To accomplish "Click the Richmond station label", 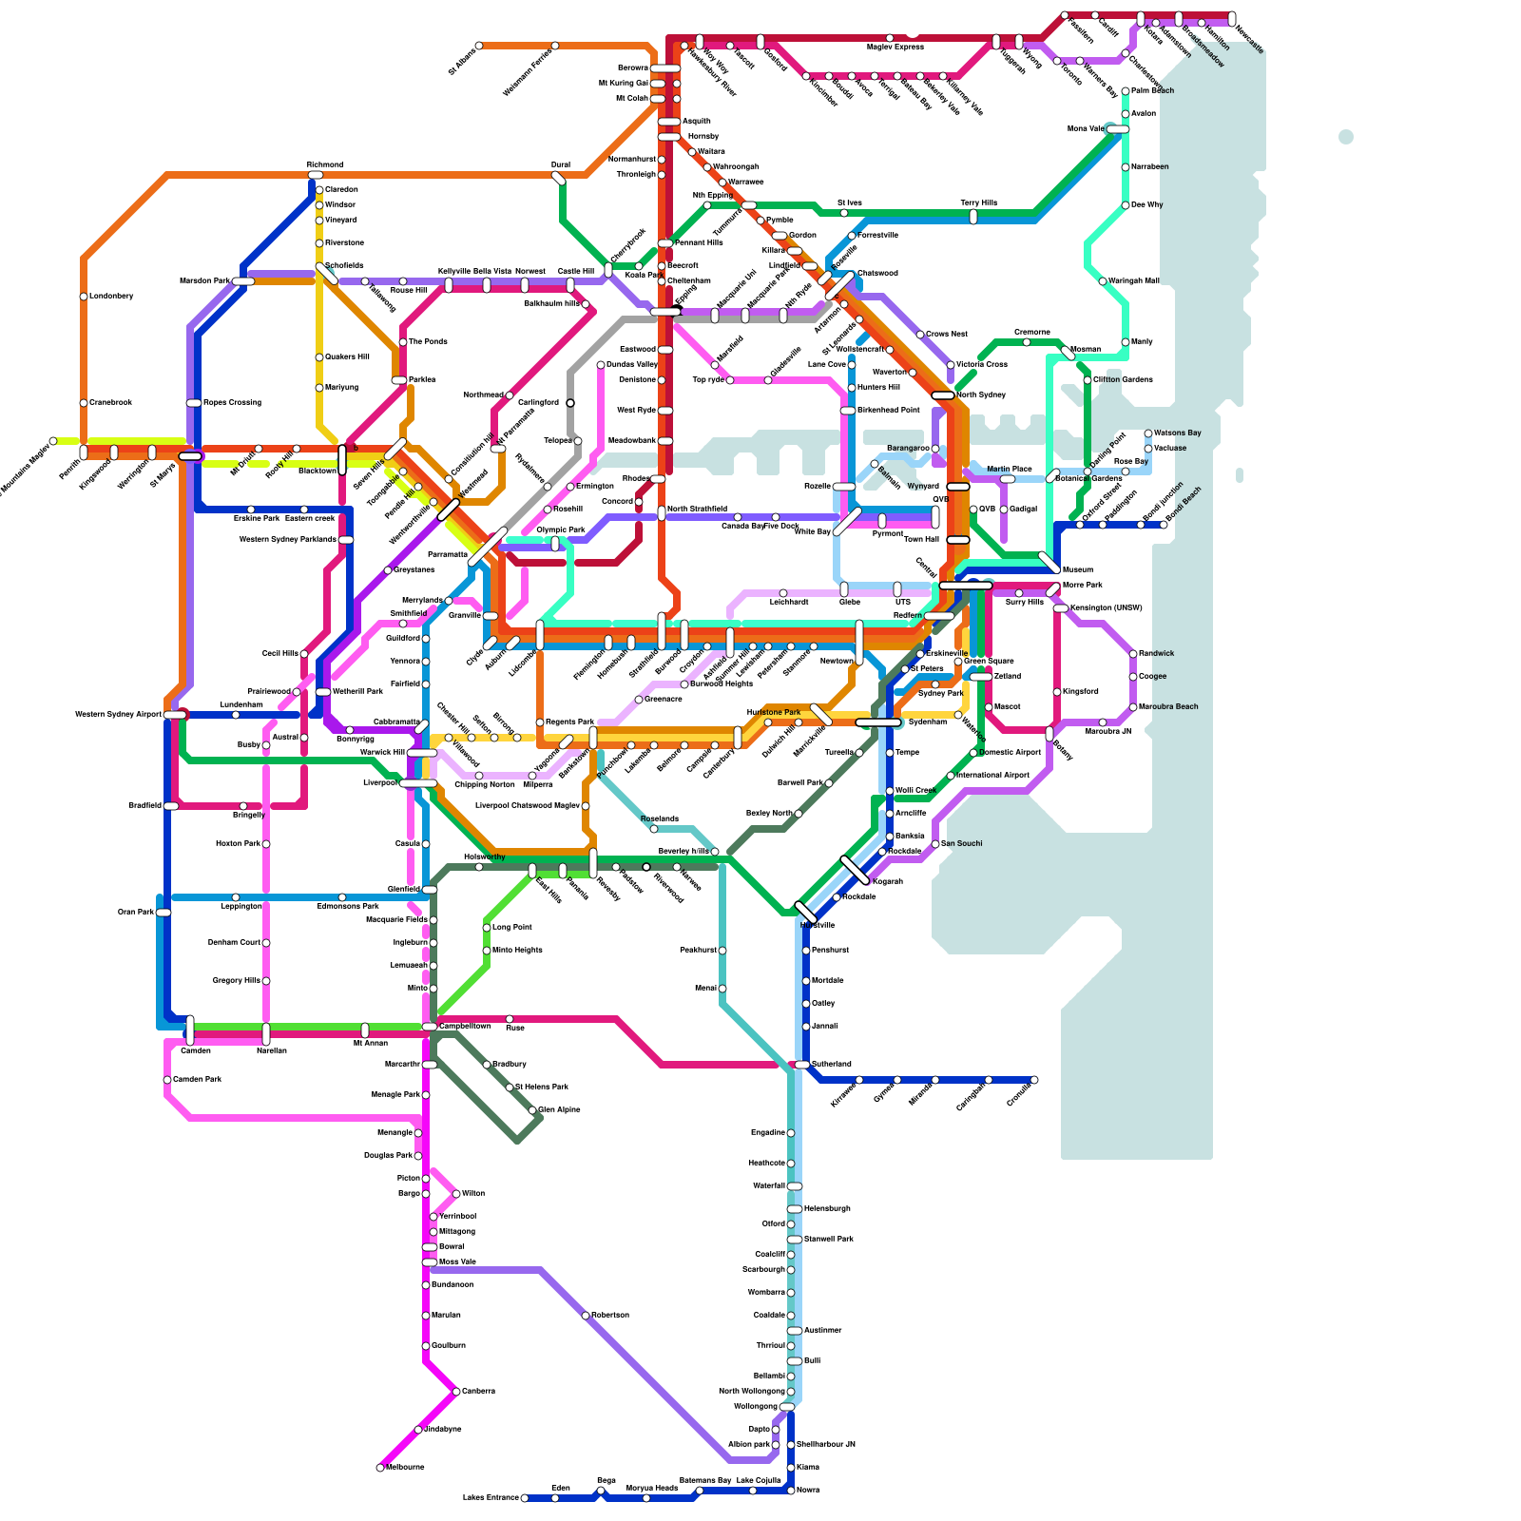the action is (x=325, y=164).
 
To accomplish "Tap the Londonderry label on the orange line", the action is (x=111, y=296).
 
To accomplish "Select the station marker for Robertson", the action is (x=586, y=1316).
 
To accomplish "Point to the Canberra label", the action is (x=478, y=1391).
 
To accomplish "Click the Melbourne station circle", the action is (x=380, y=1468).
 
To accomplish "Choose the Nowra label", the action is (x=808, y=1490).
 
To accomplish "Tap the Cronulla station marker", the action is (x=1034, y=1080).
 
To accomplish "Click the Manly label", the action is (x=1141, y=341).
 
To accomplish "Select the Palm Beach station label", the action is (x=1152, y=90).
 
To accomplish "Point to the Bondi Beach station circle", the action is (x=1164, y=525).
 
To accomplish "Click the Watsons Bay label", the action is (x=1177, y=433).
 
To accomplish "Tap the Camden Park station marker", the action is (x=167, y=1080).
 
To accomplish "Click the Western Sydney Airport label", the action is (x=119, y=714).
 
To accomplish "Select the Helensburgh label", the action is (x=826, y=1208).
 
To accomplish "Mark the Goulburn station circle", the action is (x=426, y=1346).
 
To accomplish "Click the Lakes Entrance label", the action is (x=491, y=1498).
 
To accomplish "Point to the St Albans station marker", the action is (x=479, y=46).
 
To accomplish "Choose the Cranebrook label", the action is (x=110, y=402).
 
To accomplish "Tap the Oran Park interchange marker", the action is (x=164, y=913).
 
